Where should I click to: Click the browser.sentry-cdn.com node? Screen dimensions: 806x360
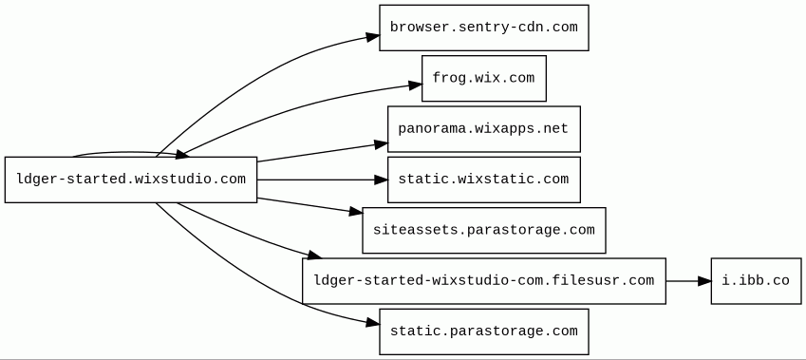(484, 28)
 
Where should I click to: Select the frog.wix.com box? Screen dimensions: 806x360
(484, 78)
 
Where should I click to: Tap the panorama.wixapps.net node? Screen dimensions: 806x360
(484, 129)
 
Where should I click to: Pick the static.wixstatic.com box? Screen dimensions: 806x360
(484, 180)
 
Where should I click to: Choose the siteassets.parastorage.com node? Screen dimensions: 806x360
(484, 231)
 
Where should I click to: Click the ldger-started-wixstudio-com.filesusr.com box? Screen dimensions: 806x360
(484, 281)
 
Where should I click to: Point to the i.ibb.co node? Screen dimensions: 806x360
(756, 281)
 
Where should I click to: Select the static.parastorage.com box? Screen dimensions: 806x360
(484, 332)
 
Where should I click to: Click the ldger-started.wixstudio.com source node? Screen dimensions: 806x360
(131, 180)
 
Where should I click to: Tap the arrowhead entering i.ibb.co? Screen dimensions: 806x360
(704, 281)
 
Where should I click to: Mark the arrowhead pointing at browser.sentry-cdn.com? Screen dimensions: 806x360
(373, 37)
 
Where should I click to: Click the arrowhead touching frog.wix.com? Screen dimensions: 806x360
(415, 85)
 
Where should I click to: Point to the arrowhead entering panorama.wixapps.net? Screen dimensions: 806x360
(381, 144)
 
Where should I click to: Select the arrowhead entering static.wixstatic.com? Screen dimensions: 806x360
(381, 180)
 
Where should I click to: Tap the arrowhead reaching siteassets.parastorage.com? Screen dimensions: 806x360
(356, 212)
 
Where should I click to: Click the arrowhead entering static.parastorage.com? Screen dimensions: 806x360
(373, 323)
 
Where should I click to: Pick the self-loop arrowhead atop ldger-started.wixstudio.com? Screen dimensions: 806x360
(182, 154)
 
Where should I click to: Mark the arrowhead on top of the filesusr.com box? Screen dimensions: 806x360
(314, 256)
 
